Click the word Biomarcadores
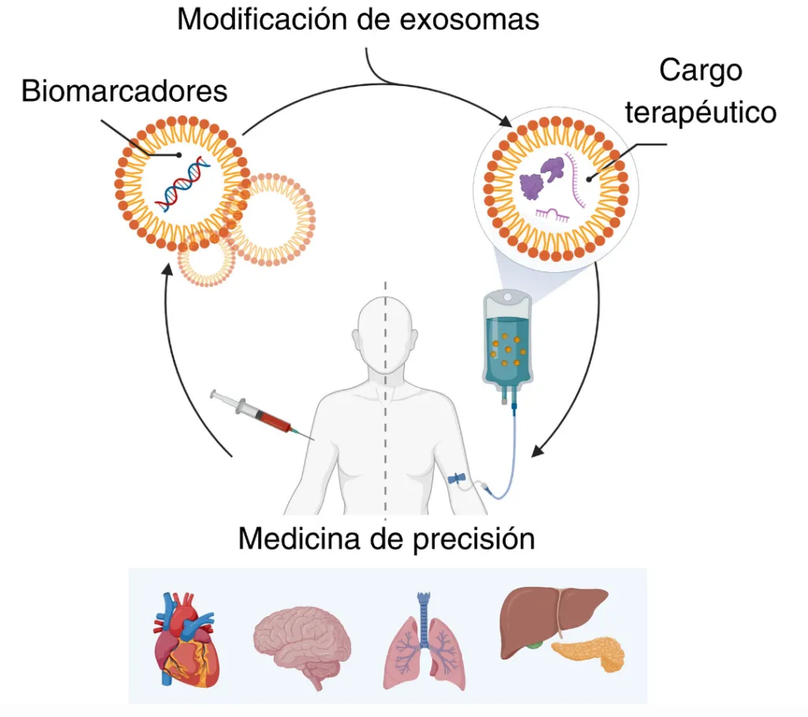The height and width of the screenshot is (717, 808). pyautogui.click(x=124, y=91)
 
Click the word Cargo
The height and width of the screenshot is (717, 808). pyautogui.click(x=701, y=70)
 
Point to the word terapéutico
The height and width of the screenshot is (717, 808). pyautogui.click(x=701, y=112)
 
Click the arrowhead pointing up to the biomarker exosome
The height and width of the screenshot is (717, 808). pyautogui.click(x=168, y=270)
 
